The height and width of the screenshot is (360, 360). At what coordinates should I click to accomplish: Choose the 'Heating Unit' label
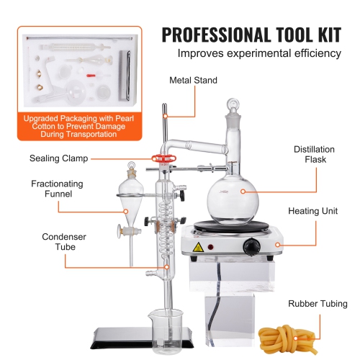click(x=313, y=212)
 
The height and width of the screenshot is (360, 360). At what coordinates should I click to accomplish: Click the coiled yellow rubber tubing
click(x=288, y=336)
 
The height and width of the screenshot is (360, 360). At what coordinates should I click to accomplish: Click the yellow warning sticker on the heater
click(x=197, y=247)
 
